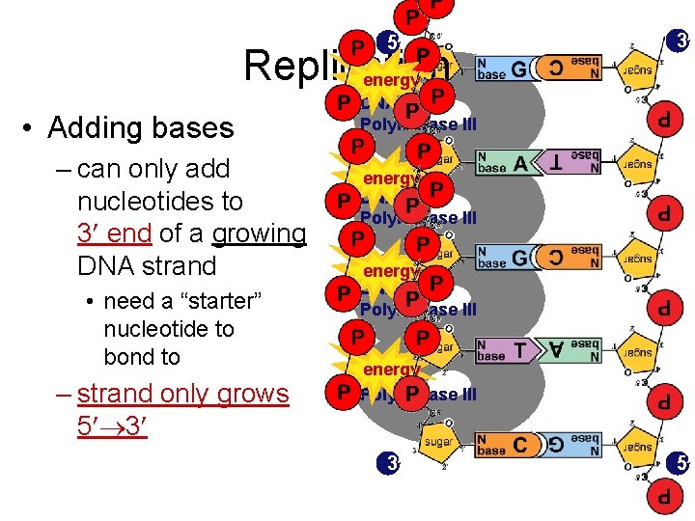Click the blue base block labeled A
tap(505, 164)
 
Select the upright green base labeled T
tap(505, 351)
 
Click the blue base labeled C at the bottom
tap(505, 446)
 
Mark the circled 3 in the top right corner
tap(679, 41)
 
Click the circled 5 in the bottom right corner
tap(679, 464)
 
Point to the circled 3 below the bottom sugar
tap(387, 464)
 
